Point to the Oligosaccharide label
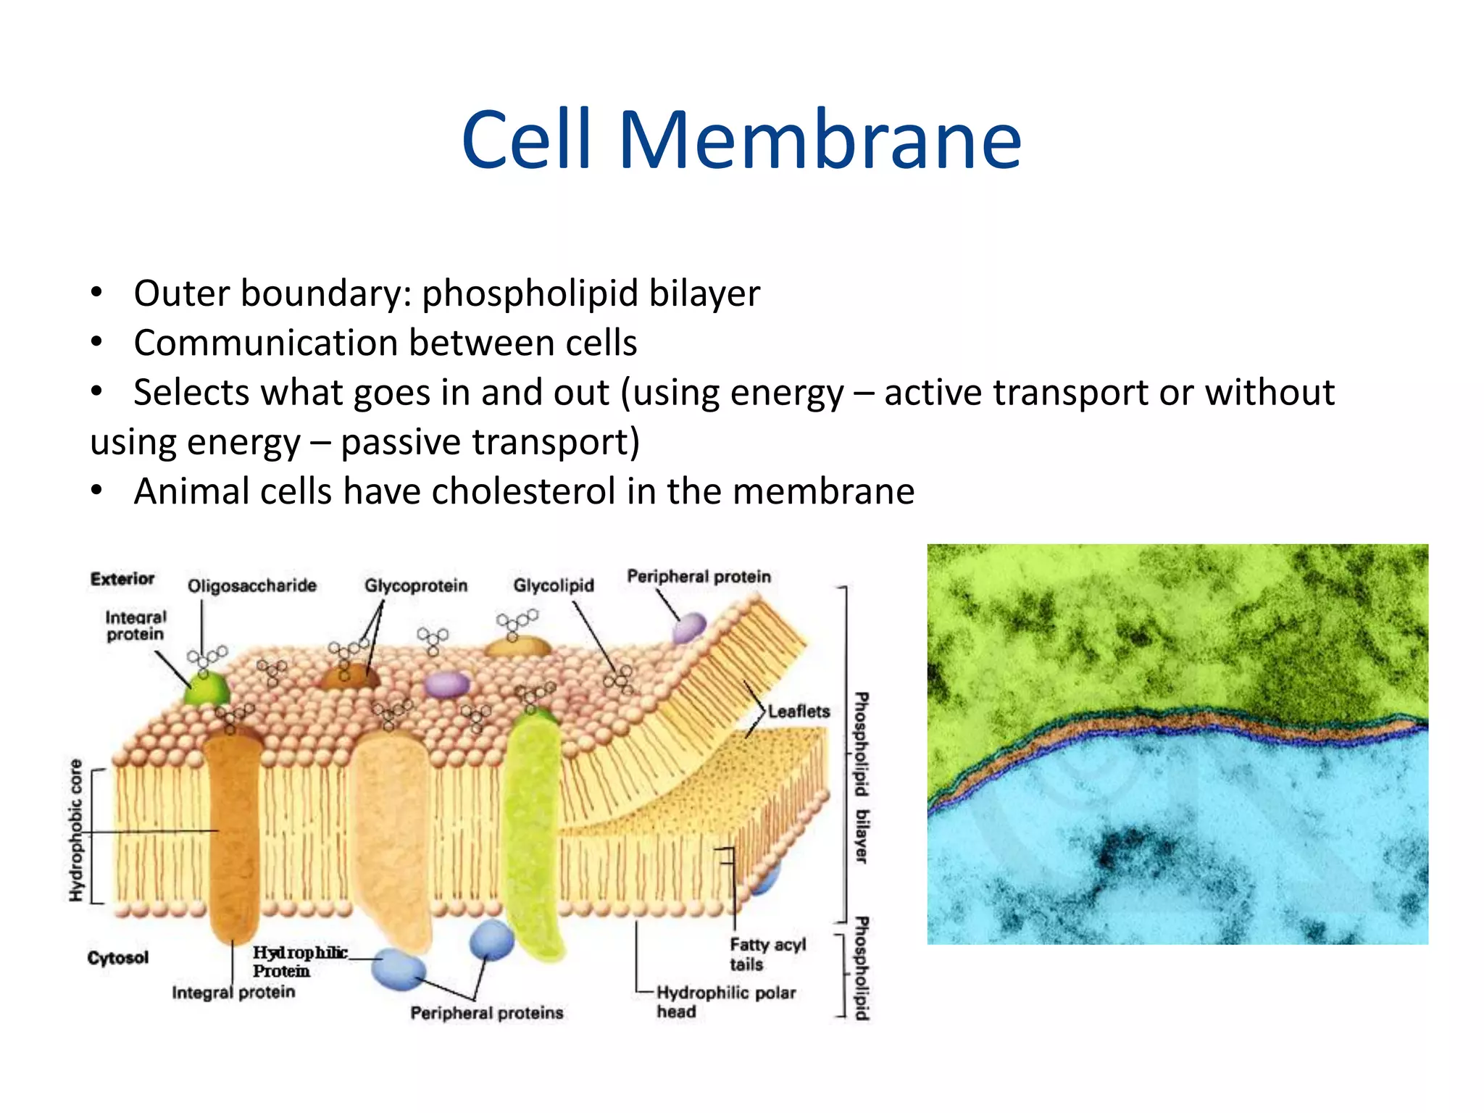[x=251, y=585]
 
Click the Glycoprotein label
[x=416, y=585]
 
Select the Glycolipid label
[x=553, y=585]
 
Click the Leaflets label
[x=799, y=712]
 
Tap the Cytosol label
[x=117, y=958]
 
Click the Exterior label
[x=122, y=579]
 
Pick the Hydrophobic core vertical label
[x=76, y=830]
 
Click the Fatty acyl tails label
[x=767, y=954]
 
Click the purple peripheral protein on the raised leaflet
[x=688, y=628]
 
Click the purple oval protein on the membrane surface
[x=446, y=684]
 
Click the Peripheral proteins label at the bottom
[x=486, y=1013]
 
